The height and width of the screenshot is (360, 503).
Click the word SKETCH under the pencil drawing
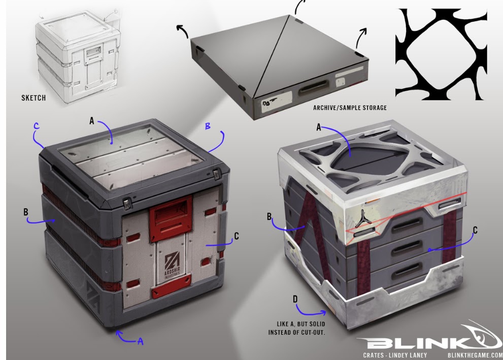point(33,98)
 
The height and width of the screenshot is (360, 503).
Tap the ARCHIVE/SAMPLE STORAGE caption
point(350,108)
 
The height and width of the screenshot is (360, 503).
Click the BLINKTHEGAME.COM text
point(475,355)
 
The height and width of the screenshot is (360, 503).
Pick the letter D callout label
point(295,299)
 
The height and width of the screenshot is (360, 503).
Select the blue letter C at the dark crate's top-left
point(36,125)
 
